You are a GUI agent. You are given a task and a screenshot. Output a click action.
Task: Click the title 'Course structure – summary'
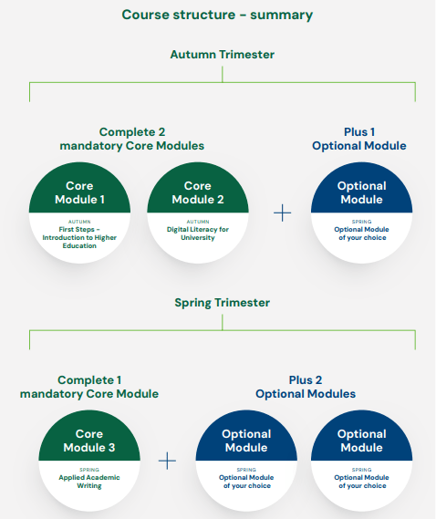(217, 16)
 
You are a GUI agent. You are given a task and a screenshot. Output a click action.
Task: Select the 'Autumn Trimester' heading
(222, 55)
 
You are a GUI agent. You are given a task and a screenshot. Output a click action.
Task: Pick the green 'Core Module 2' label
(198, 192)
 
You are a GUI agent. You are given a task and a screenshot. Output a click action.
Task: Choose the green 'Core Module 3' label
(89, 441)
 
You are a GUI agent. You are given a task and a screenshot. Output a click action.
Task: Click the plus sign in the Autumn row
(283, 213)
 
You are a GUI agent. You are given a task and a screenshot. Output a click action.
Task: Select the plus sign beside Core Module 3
(167, 461)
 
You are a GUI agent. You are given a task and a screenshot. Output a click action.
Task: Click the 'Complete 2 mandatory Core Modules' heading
(132, 139)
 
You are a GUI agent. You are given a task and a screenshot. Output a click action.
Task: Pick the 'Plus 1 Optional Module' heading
(358, 139)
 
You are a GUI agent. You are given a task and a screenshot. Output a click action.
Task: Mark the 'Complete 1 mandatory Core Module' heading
(89, 387)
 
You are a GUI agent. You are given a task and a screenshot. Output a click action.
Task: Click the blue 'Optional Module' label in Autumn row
(361, 192)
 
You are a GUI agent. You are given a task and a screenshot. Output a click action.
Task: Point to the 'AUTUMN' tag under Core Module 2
(198, 222)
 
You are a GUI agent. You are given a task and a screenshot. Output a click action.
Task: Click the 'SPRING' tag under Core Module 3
(89, 469)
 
